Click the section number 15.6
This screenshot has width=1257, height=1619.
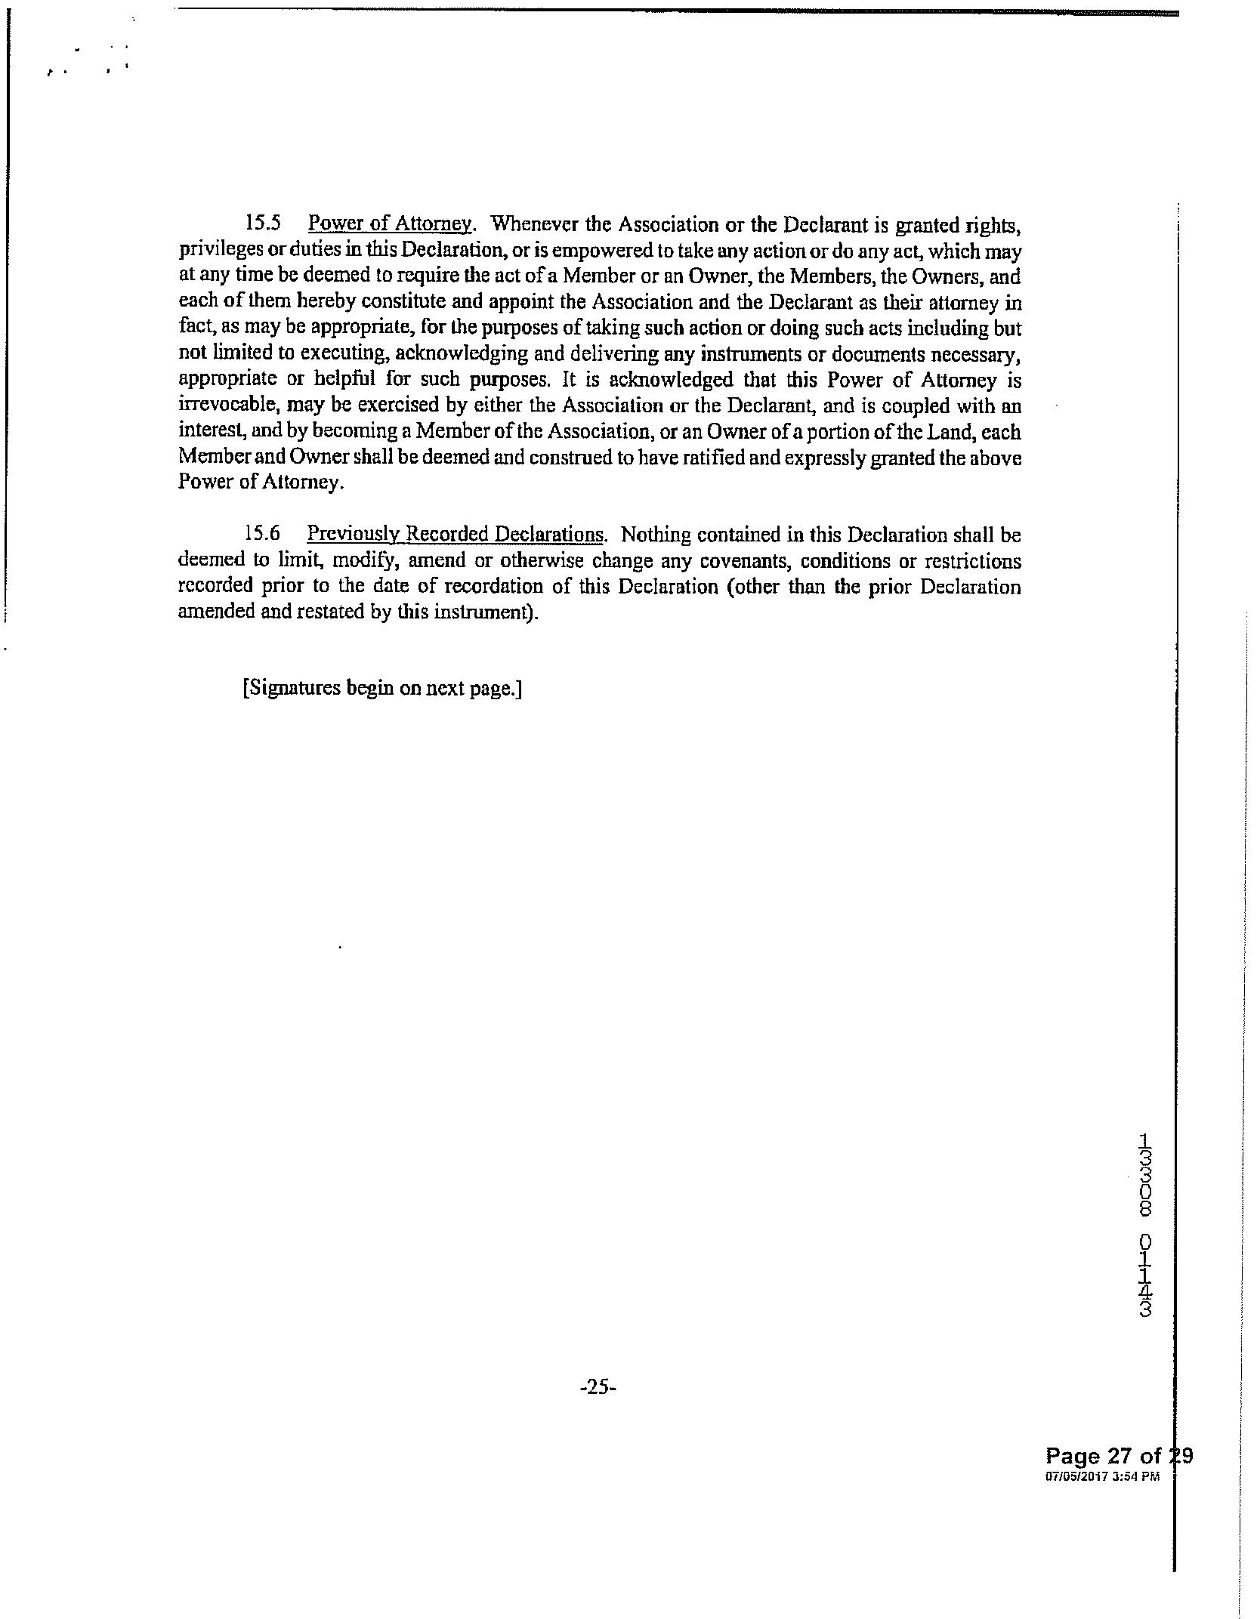pyautogui.click(x=263, y=533)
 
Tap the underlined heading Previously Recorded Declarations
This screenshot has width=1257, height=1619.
pyautogui.click(x=456, y=534)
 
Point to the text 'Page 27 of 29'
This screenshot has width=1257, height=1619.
pyautogui.click(x=1118, y=1455)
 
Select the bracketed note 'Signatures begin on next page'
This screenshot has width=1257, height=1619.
pyautogui.click(x=383, y=689)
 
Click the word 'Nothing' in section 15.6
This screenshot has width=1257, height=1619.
pyautogui.click(x=656, y=535)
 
